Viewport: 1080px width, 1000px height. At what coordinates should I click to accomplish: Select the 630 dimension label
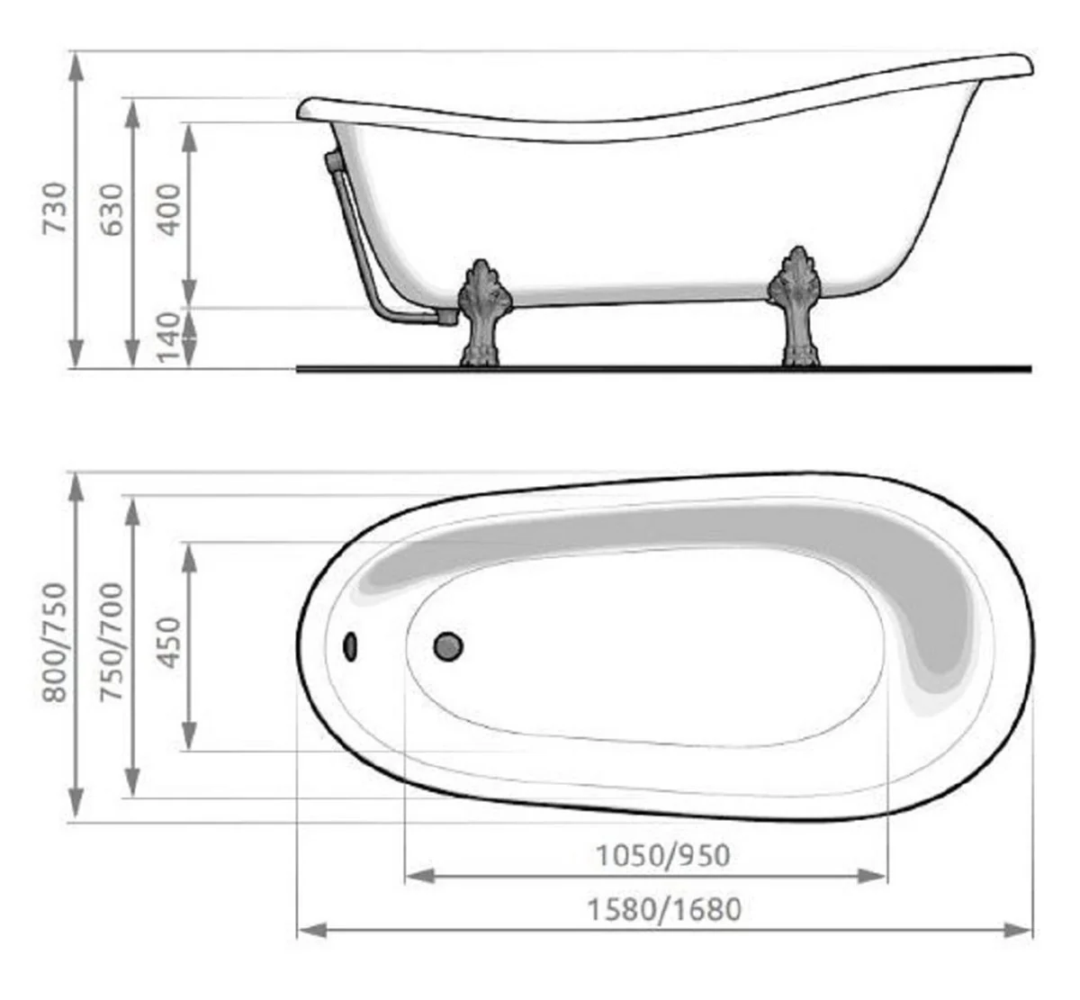(112, 210)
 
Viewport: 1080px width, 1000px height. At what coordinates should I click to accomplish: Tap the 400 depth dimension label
(168, 210)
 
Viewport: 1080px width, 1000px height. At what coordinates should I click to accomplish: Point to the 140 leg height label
(168, 338)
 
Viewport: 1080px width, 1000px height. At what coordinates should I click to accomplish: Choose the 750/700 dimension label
(112, 642)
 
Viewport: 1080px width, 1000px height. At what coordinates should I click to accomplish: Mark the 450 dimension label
(168, 643)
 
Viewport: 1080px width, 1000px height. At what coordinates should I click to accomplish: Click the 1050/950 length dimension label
(663, 854)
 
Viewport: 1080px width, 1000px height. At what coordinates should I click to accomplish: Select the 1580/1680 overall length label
(664, 909)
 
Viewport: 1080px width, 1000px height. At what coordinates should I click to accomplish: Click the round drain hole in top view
(448, 645)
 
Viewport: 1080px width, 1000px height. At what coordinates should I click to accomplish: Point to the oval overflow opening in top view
(350, 645)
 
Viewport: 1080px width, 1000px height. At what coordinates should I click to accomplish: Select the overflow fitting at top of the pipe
(331, 163)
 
